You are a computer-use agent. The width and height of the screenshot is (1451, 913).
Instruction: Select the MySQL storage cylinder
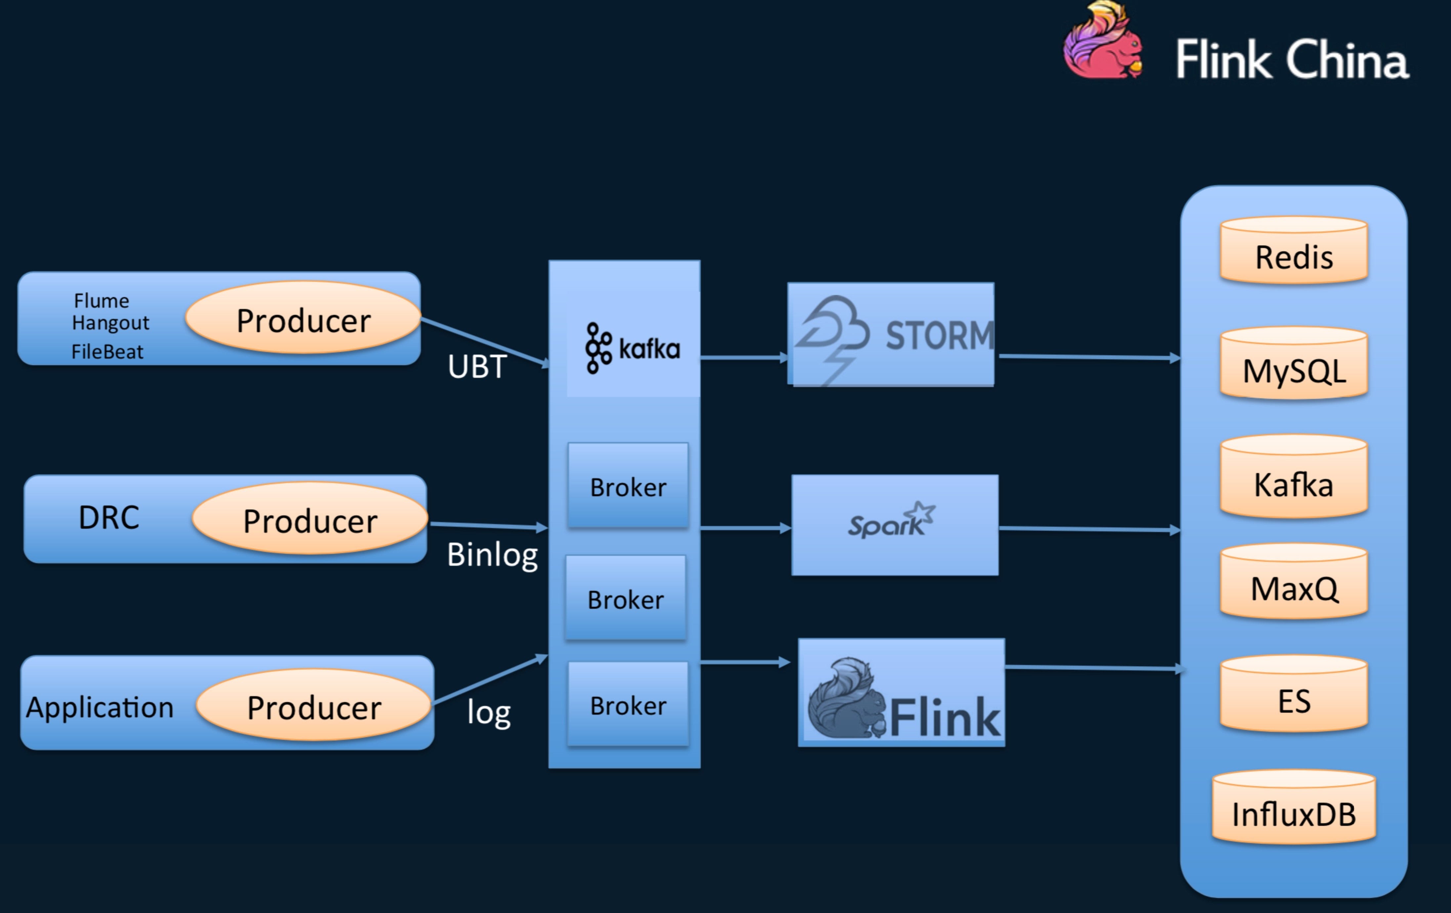[1294, 364]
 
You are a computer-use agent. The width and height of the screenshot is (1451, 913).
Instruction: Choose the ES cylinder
[1294, 695]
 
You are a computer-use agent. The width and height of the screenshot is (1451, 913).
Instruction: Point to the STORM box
[891, 334]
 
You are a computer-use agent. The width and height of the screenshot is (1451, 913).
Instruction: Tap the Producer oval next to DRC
[310, 518]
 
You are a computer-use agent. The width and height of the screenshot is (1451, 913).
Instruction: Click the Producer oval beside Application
[313, 705]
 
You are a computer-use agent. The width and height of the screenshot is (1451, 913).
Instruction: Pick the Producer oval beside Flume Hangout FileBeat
[303, 318]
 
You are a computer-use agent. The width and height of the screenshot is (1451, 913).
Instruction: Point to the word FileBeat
[107, 351]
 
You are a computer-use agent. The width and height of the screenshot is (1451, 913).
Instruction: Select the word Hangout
[110, 323]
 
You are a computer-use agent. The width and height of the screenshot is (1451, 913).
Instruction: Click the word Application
[100, 707]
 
